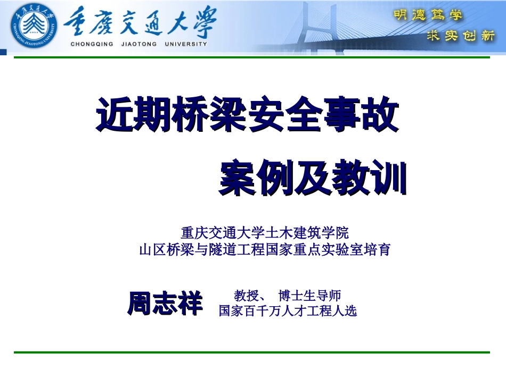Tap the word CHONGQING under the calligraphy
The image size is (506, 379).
click(x=92, y=45)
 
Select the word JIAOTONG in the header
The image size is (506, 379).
click(x=137, y=45)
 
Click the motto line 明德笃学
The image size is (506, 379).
click(x=428, y=15)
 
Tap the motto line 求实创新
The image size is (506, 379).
click(x=461, y=36)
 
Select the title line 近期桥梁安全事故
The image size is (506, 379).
click(x=247, y=116)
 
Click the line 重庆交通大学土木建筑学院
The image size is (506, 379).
click(x=265, y=233)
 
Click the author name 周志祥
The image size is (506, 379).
click(x=165, y=304)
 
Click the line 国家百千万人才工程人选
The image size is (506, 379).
click(x=288, y=311)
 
